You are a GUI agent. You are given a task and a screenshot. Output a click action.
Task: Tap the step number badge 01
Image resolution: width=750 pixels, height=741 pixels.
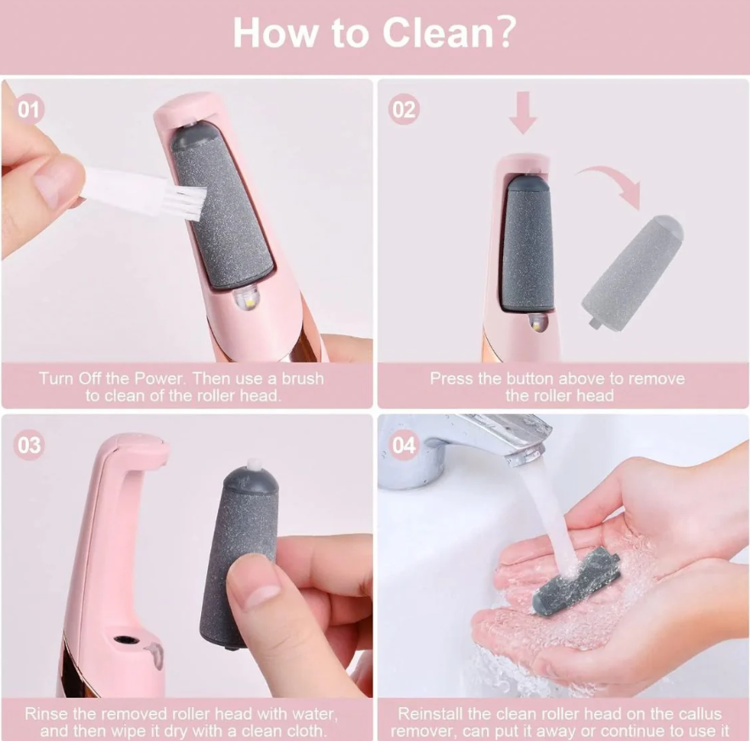tap(30, 110)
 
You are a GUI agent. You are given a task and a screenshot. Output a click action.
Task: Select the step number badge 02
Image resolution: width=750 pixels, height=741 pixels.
tap(405, 110)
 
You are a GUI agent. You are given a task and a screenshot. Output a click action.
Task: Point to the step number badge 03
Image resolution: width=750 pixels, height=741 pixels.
tap(30, 446)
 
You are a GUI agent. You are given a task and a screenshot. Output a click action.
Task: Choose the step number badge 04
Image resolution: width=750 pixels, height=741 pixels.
tap(405, 446)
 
